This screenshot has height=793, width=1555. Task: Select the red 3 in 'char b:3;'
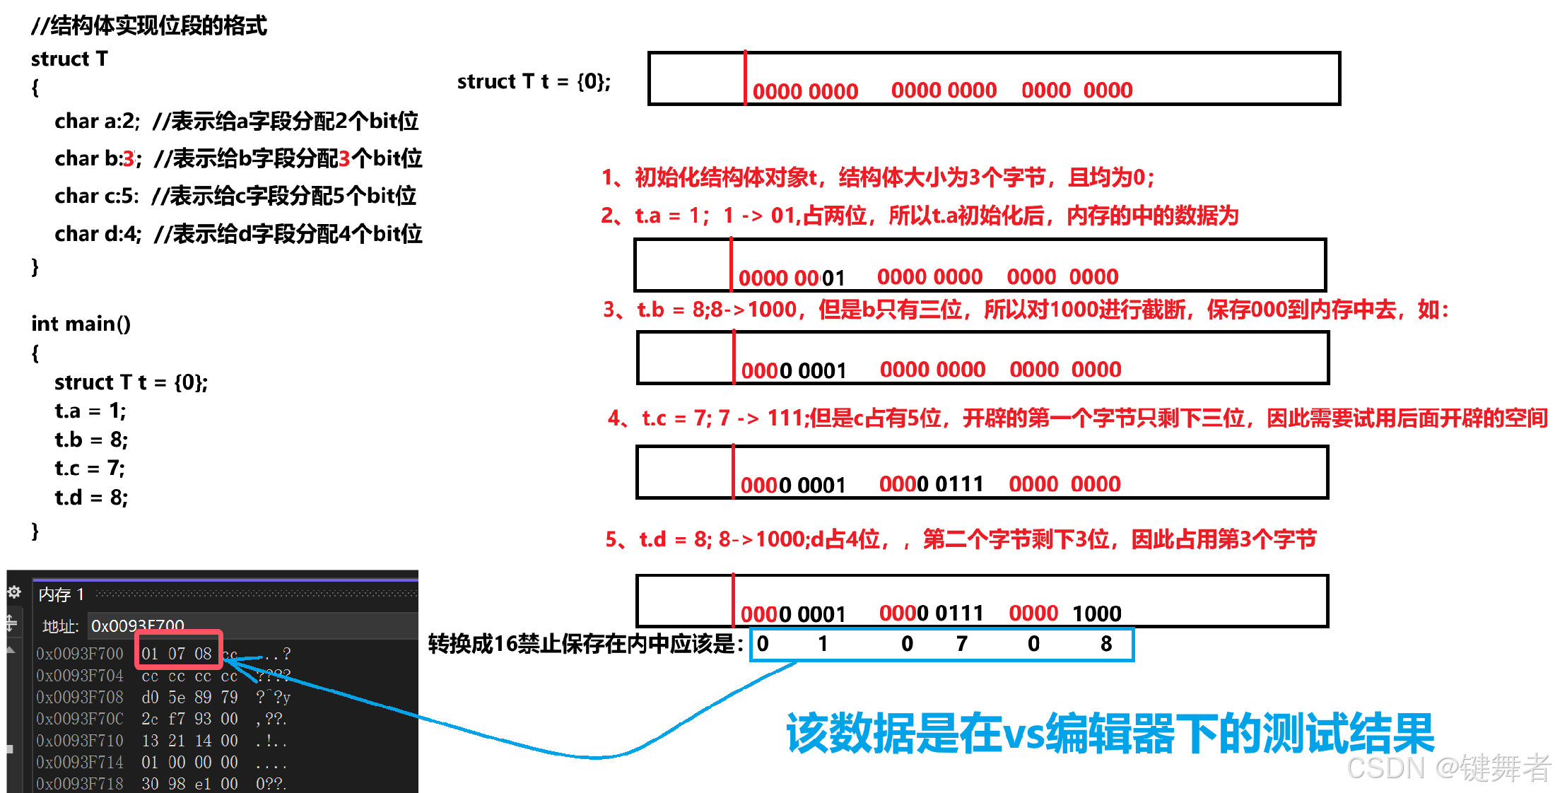pos(128,159)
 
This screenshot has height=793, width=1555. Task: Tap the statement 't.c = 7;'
pos(90,469)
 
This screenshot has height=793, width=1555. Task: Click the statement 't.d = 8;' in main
pos(91,498)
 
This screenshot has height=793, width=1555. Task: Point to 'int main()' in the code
pos(81,324)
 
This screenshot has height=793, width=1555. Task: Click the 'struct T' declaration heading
pos(69,59)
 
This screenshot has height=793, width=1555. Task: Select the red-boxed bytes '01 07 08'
pos(177,654)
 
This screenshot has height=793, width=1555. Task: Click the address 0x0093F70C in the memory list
pos(80,719)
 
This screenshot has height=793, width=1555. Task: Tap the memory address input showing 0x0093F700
pos(138,625)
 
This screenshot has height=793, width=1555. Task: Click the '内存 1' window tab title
pos(61,594)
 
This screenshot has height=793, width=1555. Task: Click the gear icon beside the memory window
pos(14,592)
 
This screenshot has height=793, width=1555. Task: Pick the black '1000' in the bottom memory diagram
pos(1097,613)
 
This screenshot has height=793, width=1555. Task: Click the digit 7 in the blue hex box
pos(962,644)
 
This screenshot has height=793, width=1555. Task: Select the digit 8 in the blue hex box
pos(1106,644)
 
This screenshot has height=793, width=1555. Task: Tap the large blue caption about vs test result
pos(1110,734)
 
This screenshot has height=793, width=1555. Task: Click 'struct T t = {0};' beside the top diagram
pos(534,82)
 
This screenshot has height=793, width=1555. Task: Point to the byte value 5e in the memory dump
pos(177,698)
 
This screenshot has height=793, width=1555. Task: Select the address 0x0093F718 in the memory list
pos(80,784)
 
